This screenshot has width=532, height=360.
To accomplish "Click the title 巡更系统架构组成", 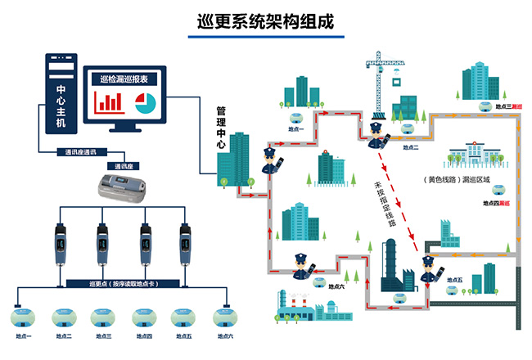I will [x=266, y=20].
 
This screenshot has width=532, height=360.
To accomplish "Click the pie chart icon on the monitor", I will [x=145, y=102].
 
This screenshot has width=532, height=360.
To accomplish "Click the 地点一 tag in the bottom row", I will [x=22, y=336].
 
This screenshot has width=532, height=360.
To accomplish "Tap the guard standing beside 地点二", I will [x=376, y=135].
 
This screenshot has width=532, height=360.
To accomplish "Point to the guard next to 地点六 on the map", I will [x=301, y=266].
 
